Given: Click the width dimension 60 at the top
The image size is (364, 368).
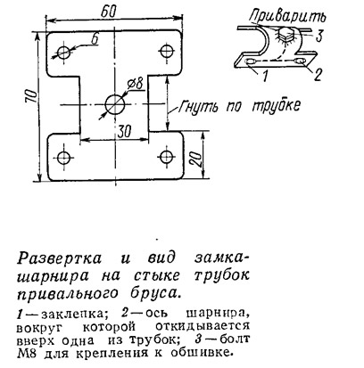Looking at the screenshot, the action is [x=109, y=12].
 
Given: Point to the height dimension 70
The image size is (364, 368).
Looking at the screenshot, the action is [x=31, y=95].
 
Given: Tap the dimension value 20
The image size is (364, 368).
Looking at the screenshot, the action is [x=194, y=159].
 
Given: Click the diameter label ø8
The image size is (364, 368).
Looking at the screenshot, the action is [x=136, y=85].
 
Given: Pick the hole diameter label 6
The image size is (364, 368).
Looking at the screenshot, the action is [x=95, y=39].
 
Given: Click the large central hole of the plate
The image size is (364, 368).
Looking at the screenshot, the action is [x=115, y=104].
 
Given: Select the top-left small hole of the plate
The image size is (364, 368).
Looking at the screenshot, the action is [x=63, y=53].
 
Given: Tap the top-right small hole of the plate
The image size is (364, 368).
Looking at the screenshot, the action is [x=167, y=51].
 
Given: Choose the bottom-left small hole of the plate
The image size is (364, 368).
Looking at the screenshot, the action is [x=63, y=158].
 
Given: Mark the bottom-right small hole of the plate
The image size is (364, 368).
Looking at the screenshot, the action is [x=166, y=156].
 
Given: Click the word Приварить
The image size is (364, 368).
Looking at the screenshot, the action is [x=288, y=17].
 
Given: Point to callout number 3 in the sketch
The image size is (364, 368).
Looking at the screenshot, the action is [x=318, y=37].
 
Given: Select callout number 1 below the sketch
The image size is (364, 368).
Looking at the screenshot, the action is [x=265, y=76].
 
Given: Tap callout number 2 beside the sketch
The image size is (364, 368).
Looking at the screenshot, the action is [x=318, y=75].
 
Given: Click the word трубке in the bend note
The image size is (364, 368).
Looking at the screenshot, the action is [x=276, y=106].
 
